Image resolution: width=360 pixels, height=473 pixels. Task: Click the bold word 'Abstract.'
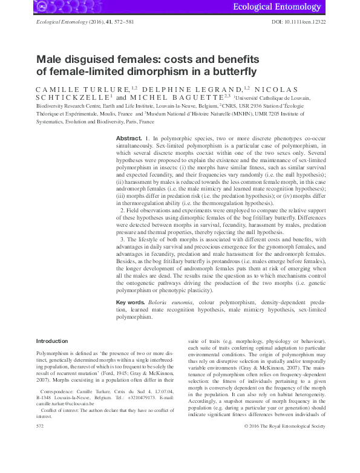(129, 139)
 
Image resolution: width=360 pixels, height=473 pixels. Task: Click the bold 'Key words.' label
(130, 301)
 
